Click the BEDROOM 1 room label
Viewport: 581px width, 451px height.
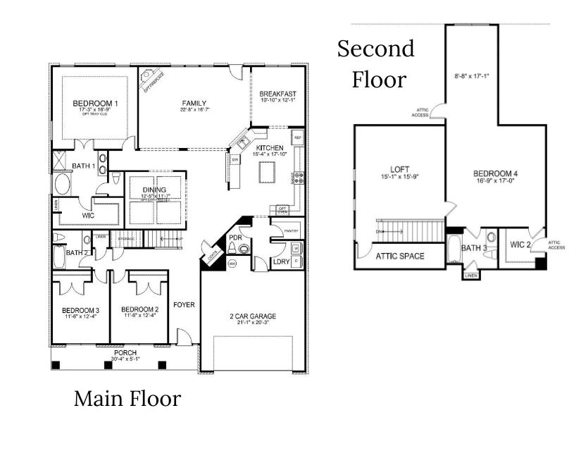click(x=95, y=104)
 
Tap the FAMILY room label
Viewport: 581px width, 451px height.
click(x=193, y=102)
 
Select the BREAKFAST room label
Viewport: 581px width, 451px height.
click(x=277, y=94)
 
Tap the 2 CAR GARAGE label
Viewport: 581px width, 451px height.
click(x=252, y=316)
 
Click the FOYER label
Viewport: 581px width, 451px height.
click(x=185, y=305)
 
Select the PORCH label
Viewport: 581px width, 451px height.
click(x=125, y=352)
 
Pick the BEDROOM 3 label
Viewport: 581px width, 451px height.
click(x=80, y=310)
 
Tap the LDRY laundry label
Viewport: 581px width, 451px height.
click(x=281, y=262)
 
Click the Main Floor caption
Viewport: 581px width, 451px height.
click(x=127, y=399)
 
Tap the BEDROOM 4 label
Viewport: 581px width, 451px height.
click(x=496, y=173)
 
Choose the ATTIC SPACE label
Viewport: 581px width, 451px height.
click(x=399, y=256)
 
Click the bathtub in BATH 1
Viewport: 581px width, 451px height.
click(x=61, y=185)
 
